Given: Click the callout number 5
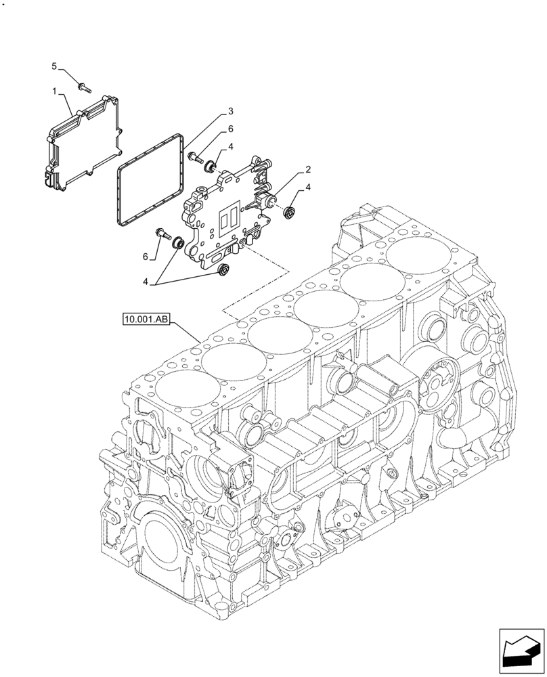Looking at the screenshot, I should click(55, 66).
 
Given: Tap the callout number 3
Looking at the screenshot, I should click(230, 111).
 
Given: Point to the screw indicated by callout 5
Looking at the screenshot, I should click(83, 86).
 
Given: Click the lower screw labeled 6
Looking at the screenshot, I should click(163, 234).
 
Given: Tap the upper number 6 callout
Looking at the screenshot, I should click(230, 129).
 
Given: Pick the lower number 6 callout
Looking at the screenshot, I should click(144, 257).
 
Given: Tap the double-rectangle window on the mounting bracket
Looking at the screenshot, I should click(227, 219).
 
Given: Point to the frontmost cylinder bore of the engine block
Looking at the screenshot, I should click(190, 397).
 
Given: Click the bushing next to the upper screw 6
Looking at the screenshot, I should click(211, 166).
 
